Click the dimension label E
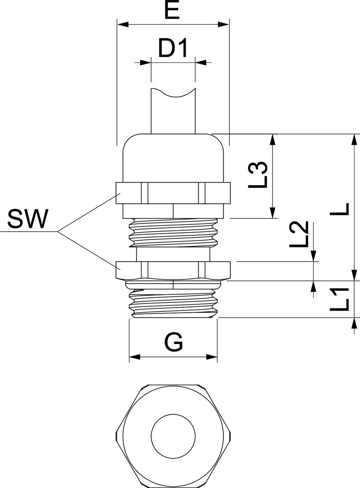coord(172,12)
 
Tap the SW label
coord(28,219)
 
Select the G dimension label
coord(173,342)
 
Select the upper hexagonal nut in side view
coord(173,193)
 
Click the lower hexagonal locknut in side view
coord(173,270)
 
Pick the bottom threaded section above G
coord(173,303)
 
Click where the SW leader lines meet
coord(58,232)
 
